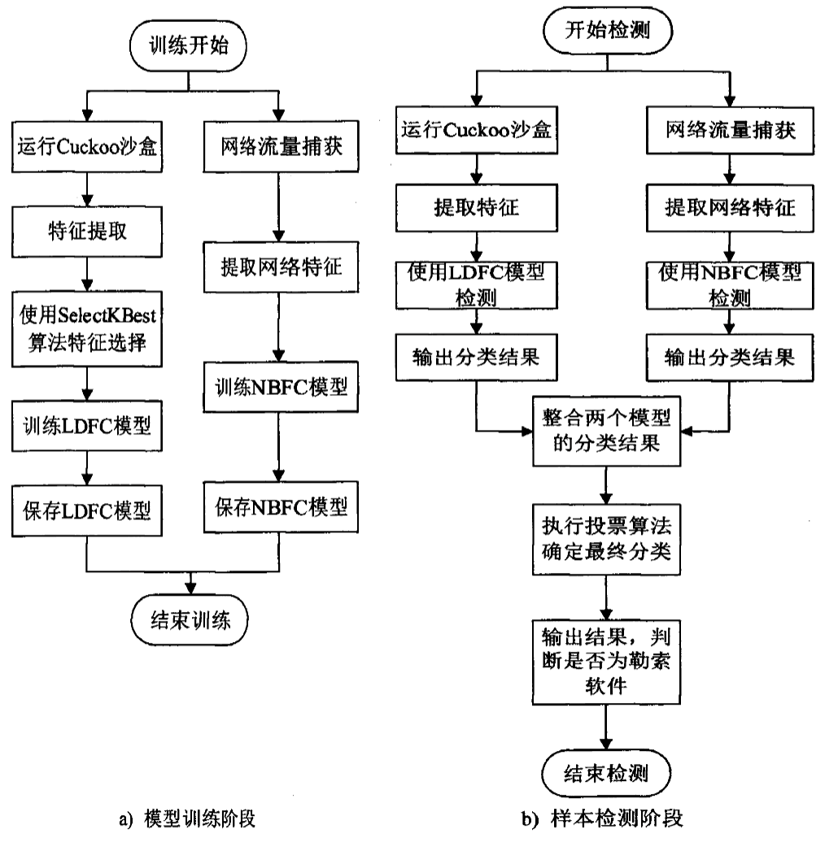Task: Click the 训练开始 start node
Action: [189, 46]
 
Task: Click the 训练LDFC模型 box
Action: [86, 425]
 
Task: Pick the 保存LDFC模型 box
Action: [86, 510]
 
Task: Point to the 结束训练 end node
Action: [189, 623]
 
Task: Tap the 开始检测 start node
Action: [606, 30]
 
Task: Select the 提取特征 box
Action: [476, 207]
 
